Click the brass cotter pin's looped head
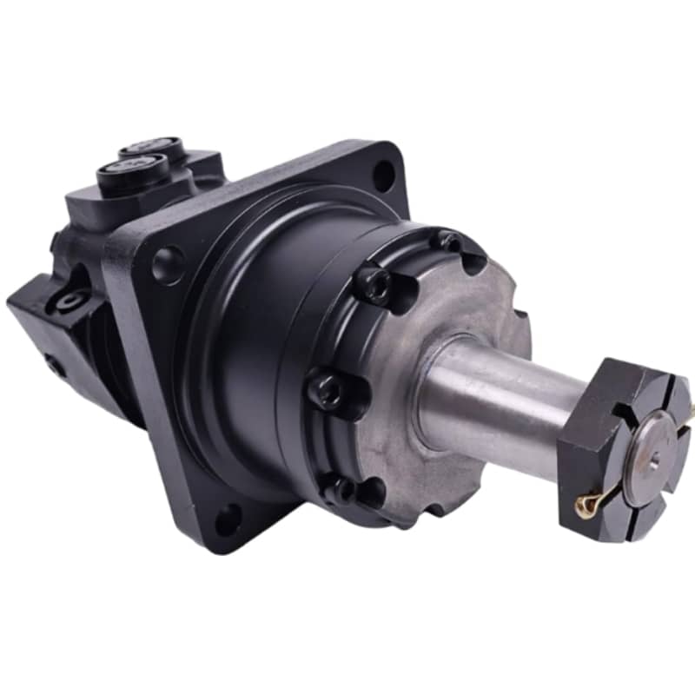click(x=586, y=506)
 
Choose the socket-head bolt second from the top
click(x=374, y=284)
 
